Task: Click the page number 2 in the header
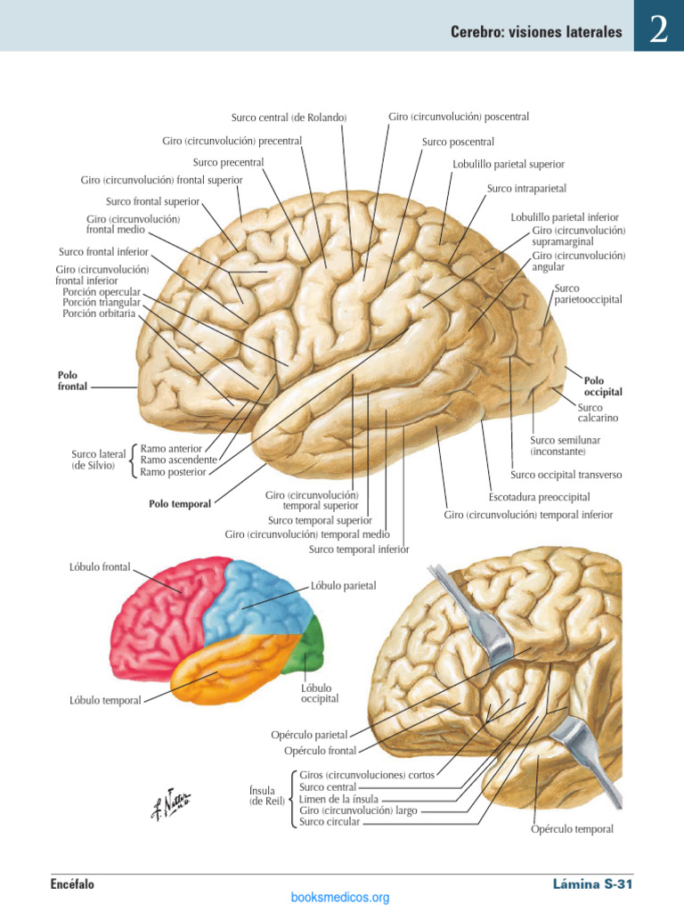[659, 28]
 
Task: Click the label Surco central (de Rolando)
[289, 118]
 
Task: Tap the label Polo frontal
[72, 380]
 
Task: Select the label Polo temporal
[180, 504]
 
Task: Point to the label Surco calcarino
[598, 412]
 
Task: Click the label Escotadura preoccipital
[539, 497]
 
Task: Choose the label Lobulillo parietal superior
[509, 164]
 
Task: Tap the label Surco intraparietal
[526, 189]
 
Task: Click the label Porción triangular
[102, 303]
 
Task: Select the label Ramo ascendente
[178, 460]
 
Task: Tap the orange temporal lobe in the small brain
[232, 669]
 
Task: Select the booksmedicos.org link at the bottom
[340, 898]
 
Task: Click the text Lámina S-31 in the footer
[592, 884]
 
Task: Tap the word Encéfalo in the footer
[72, 884]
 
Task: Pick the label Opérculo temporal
[572, 829]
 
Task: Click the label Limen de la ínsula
[338, 799]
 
